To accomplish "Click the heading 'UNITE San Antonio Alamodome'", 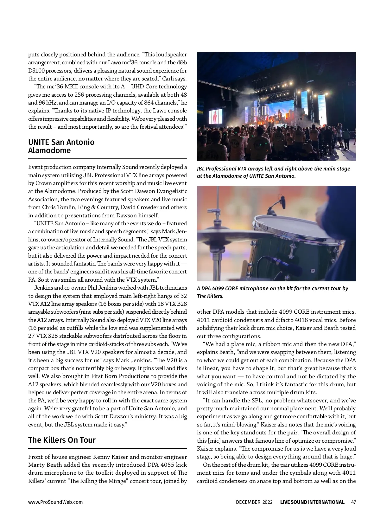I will click(61, 146).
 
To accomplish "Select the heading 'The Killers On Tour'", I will click(62, 440).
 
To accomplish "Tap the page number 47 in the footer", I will click(353, 502).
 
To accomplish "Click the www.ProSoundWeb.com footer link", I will click(55, 502).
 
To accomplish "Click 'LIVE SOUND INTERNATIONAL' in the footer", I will click(312, 502).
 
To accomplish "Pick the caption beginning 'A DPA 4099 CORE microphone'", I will click(272, 292).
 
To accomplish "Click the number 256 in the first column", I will click(79, 95).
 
